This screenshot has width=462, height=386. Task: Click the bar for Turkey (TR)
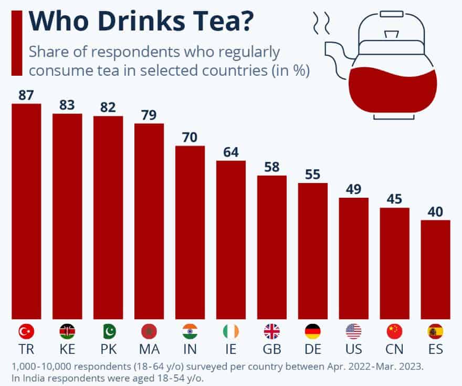point(26,210)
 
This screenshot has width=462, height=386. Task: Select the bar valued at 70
point(190,231)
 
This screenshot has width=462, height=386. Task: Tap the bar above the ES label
point(435,268)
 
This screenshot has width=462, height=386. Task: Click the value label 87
point(26,95)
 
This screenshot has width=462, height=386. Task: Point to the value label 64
point(230,153)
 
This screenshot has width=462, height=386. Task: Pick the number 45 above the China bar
point(394,199)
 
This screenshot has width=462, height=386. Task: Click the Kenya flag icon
point(67,331)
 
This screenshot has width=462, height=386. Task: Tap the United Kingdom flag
point(272,331)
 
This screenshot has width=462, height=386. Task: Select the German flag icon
point(313,331)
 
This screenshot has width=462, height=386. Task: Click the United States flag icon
point(354,331)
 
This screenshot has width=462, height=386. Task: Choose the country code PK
point(108,349)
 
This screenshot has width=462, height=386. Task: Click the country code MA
point(149,349)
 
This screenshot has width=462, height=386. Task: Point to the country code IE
point(231,349)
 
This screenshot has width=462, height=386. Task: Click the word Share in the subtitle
point(50,53)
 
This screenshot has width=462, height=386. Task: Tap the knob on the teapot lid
point(391,35)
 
